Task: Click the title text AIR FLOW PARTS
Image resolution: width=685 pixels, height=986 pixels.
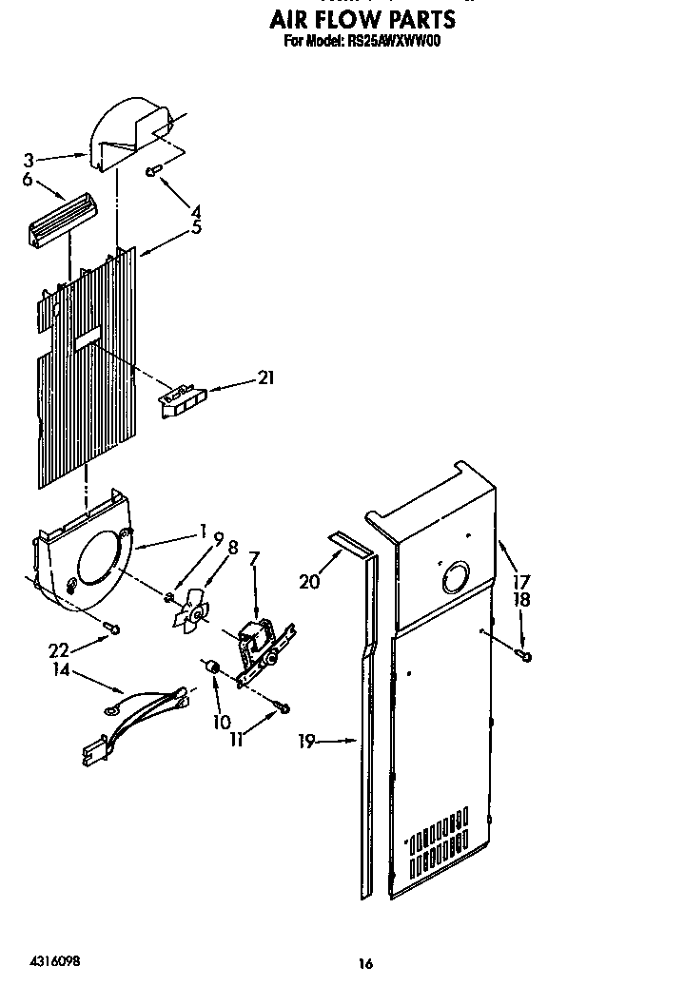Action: click(x=361, y=18)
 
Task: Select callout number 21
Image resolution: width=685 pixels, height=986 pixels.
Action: click(x=265, y=378)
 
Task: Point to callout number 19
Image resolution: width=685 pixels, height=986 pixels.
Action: click(x=305, y=742)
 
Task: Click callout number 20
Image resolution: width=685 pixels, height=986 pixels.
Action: click(x=309, y=582)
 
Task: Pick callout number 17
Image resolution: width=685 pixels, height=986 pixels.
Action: click(x=520, y=582)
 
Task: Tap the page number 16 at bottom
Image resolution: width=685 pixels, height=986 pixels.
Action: click(x=365, y=963)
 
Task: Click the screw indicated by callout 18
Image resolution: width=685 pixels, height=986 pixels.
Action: click(x=525, y=655)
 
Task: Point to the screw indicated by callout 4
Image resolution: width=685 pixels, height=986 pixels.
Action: click(x=152, y=171)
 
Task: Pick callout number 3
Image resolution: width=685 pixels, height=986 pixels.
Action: click(x=29, y=160)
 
